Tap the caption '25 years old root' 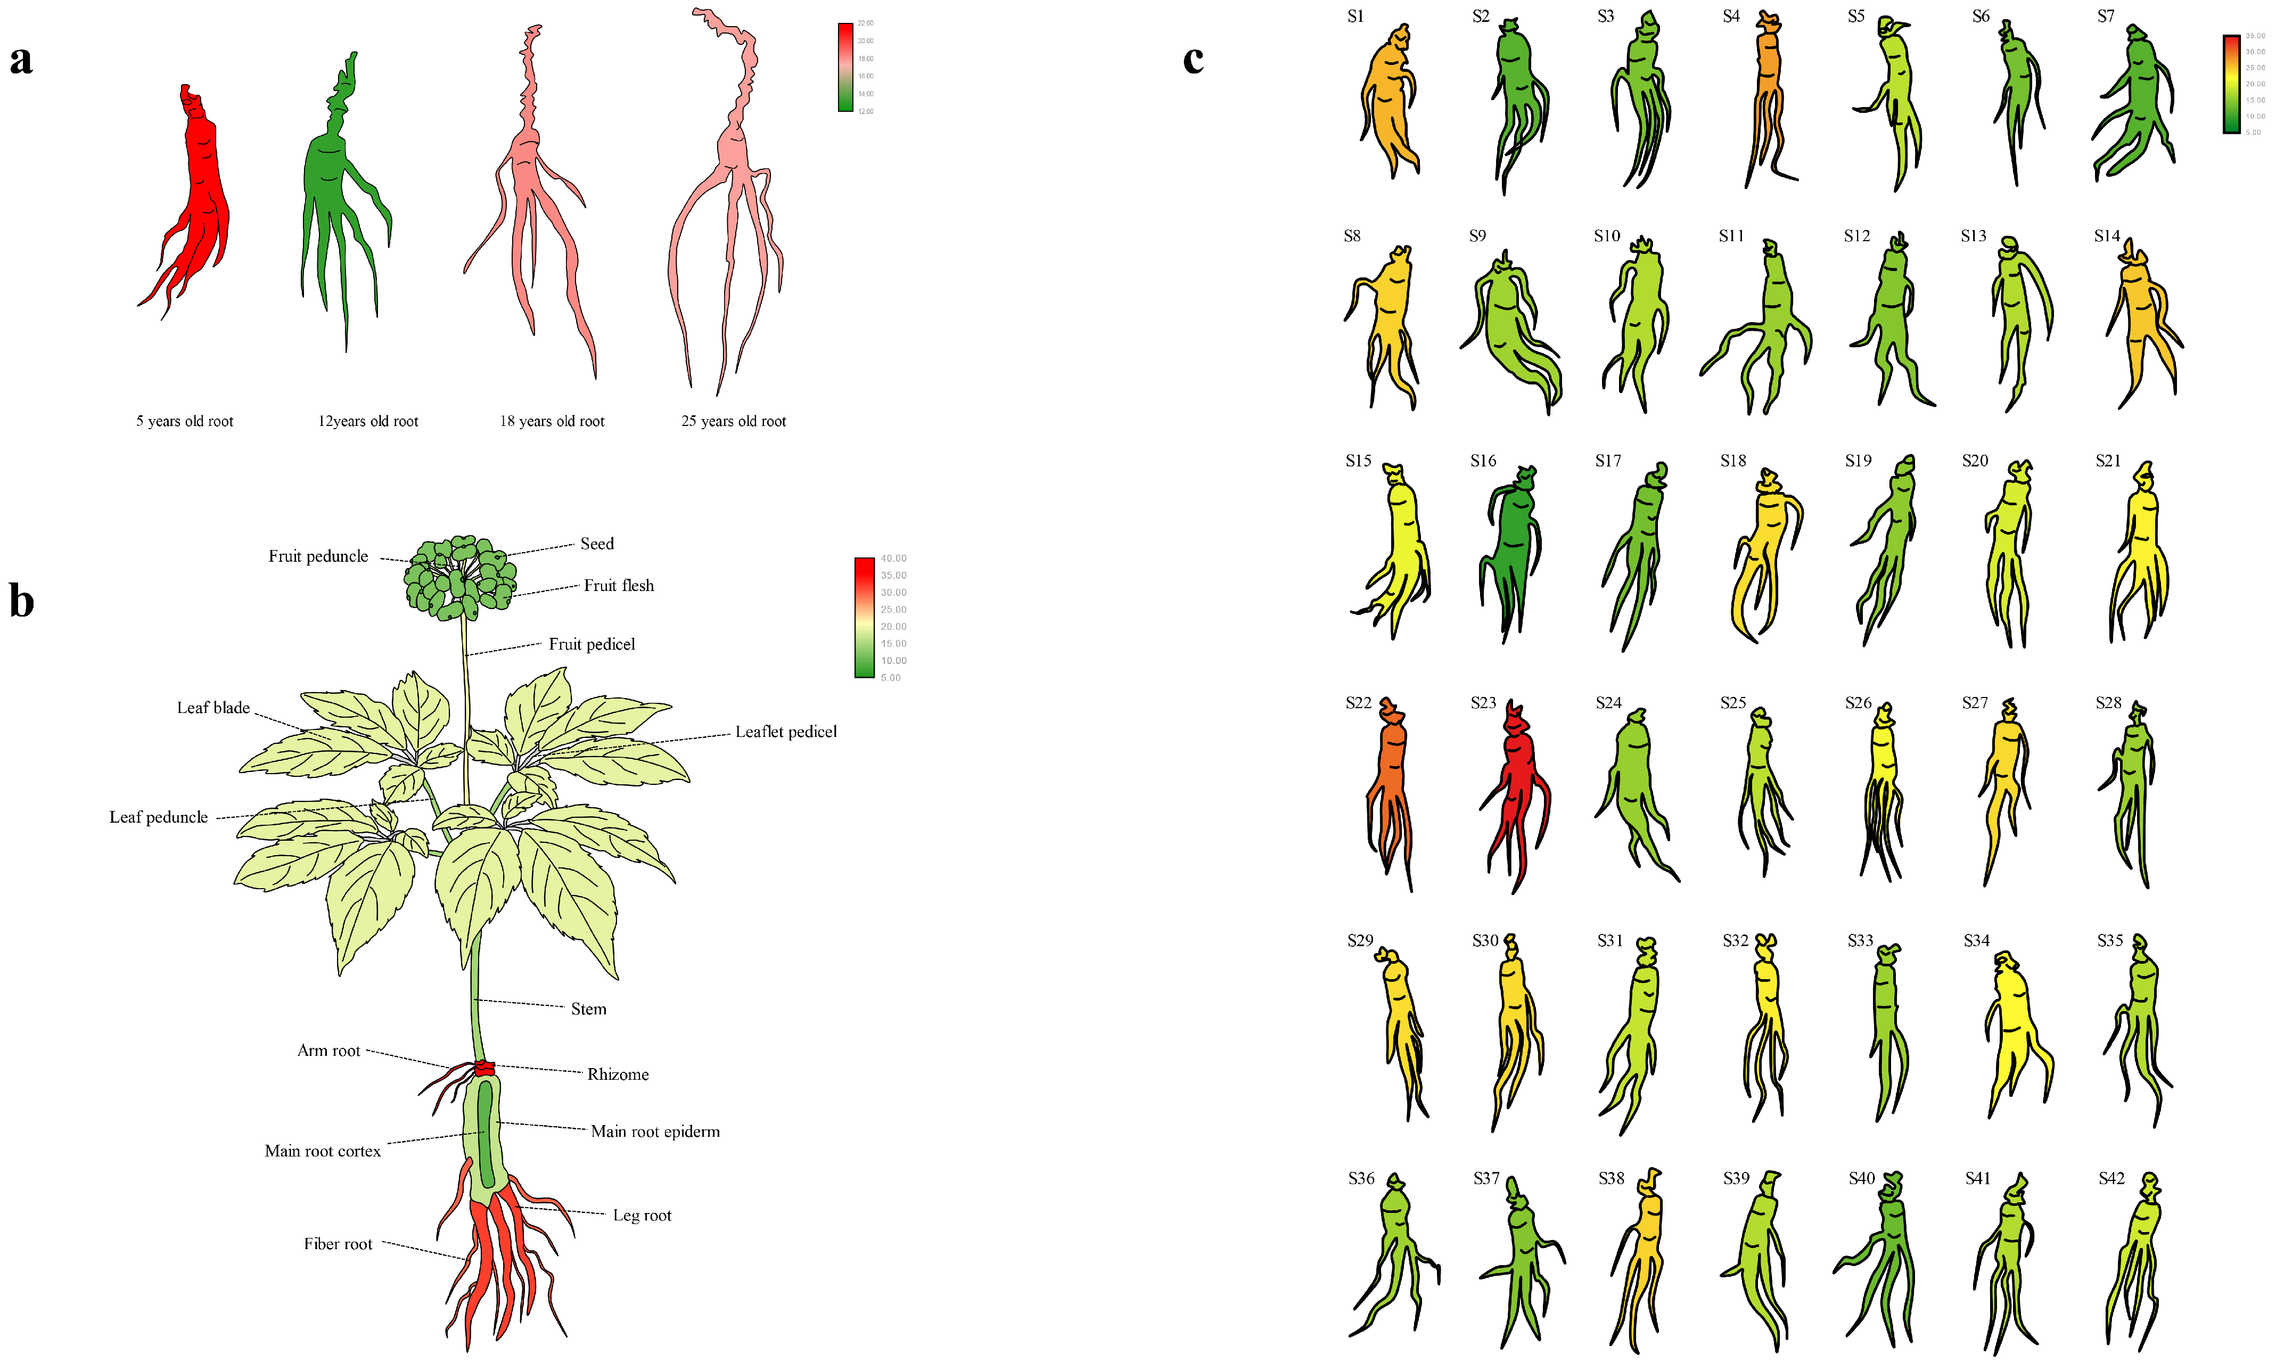pyautogui.click(x=733, y=421)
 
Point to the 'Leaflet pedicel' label pyautogui.click(x=786, y=732)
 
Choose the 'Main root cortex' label pyautogui.click(x=322, y=1151)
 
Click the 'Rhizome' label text pyautogui.click(x=618, y=1074)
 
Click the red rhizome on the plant pyautogui.click(x=483, y=1068)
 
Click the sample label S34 pyautogui.click(x=1976, y=941)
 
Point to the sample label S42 pyautogui.click(x=2111, y=1178)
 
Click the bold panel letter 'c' pyautogui.click(x=1193, y=59)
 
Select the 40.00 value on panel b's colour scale pyautogui.click(x=893, y=558)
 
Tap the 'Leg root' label pyautogui.click(x=642, y=1215)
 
